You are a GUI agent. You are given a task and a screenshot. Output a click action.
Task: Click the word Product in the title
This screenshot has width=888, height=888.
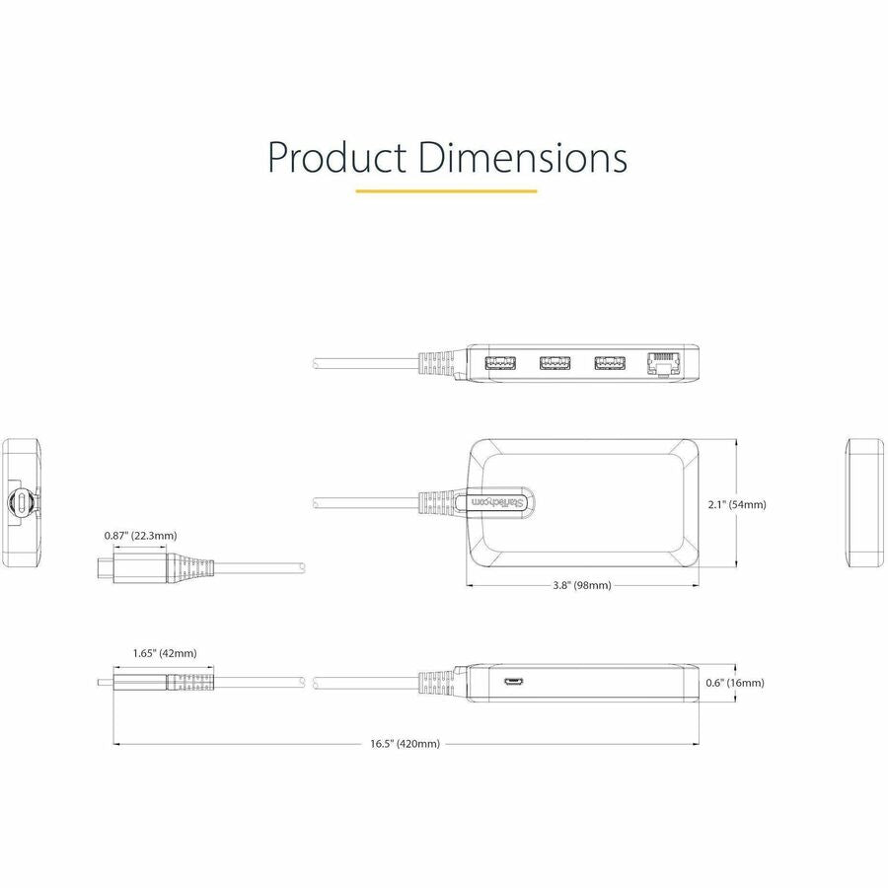click(x=335, y=158)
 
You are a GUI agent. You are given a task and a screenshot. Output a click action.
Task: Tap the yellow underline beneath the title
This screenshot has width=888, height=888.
click(x=446, y=190)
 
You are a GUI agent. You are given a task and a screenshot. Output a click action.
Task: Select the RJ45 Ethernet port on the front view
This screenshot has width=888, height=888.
click(x=661, y=363)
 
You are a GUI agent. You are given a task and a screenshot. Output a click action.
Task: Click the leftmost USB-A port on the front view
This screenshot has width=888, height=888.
click(x=500, y=363)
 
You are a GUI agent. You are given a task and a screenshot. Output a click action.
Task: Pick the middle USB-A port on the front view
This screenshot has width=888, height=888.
click(x=555, y=363)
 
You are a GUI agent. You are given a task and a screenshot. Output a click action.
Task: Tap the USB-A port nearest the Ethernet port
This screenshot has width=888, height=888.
click(x=610, y=363)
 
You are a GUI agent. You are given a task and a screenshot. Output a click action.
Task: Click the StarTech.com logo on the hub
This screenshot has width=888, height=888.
click(x=499, y=503)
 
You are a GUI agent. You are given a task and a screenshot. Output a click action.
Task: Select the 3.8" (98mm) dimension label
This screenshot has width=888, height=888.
click(x=582, y=585)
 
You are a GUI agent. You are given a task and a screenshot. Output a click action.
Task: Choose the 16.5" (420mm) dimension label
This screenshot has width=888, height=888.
click(x=405, y=744)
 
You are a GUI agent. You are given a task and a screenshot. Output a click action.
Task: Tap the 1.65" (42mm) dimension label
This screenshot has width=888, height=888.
click(x=165, y=653)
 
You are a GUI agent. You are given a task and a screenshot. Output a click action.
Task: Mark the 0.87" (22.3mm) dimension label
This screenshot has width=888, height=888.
click(x=141, y=536)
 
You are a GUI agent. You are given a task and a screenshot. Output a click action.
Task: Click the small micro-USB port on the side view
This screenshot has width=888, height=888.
click(x=514, y=682)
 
